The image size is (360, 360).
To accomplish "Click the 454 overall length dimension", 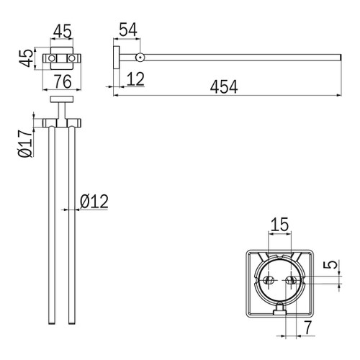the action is pos(224,87).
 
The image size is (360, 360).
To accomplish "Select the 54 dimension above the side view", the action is pos(128,30).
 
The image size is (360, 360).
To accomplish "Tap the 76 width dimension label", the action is pos(63,81).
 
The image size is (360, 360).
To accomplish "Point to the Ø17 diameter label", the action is pos(25,143).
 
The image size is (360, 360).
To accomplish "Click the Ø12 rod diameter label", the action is pos(94,201).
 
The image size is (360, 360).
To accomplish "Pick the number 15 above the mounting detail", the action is pos(279,225).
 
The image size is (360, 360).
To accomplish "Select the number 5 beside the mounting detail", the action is pos(330,265).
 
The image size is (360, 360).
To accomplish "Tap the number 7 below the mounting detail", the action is pos(307,327).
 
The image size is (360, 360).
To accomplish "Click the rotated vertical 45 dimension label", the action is pos(26,58).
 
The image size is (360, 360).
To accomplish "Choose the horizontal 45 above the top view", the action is pos(63,31).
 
